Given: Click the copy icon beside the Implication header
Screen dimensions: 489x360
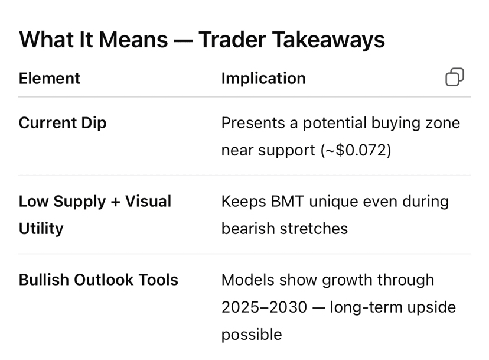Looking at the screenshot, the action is [455, 77].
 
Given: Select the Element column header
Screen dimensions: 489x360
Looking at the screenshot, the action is [49, 78].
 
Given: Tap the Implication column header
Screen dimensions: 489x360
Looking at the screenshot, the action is [263, 79].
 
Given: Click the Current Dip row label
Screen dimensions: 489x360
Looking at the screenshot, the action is [63, 123].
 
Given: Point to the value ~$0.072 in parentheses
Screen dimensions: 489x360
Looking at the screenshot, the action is [356, 150].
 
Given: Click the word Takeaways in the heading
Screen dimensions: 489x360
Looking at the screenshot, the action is [328, 40].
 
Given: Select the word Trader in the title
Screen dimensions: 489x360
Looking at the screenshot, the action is [232, 40].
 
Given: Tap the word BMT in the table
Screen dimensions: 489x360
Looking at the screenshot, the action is [287, 202].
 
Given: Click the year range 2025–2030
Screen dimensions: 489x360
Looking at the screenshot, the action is [264, 307].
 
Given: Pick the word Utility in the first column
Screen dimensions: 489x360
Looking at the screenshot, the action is [41, 229].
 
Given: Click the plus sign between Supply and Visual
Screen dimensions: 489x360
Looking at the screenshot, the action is [115, 202].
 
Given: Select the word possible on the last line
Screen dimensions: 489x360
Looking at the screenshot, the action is [252, 335].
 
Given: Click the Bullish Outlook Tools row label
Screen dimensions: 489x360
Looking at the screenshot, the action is [98, 280].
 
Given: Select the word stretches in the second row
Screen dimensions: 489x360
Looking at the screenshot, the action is [314, 229].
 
